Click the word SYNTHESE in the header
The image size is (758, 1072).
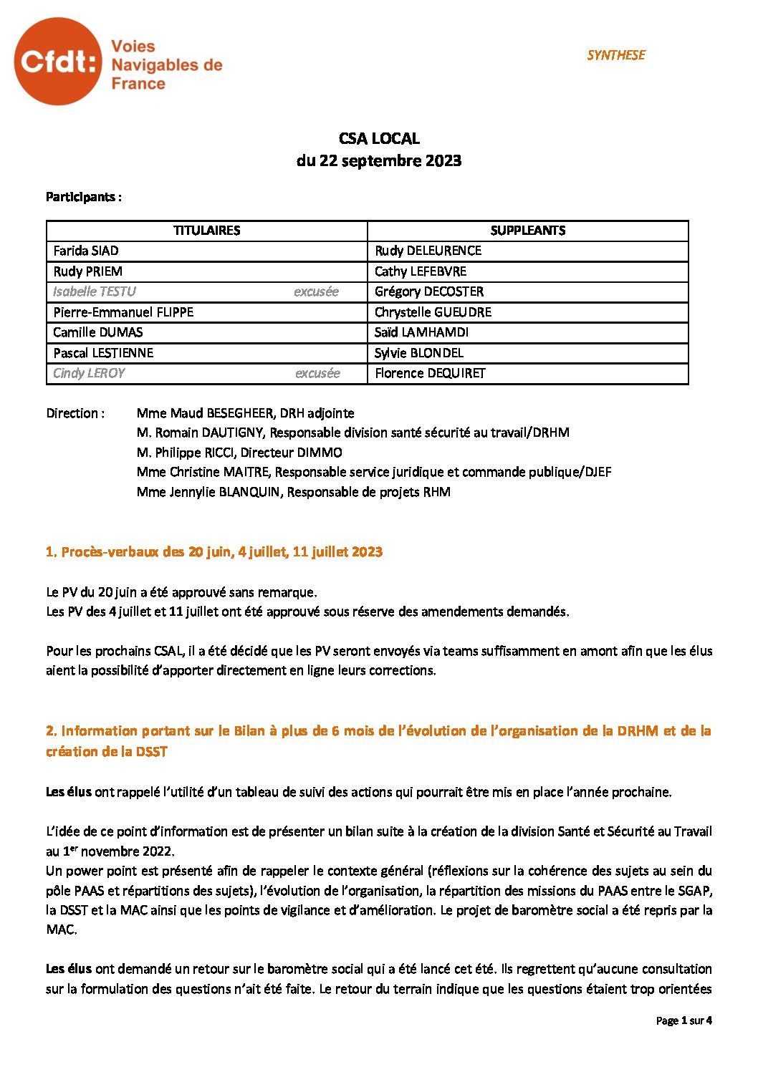coord(615,55)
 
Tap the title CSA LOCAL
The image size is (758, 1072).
coord(379,139)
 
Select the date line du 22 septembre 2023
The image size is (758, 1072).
coord(379,161)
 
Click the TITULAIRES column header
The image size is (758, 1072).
coord(206,231)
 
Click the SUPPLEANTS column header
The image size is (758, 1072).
coord(527,231)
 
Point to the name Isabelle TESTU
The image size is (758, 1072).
coord(95,291)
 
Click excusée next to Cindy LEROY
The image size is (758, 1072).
coord(317,373)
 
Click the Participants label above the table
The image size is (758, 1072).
coord(84,197)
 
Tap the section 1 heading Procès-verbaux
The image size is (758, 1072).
coord(214,552)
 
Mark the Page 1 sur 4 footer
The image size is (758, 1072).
coord(683,1020)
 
